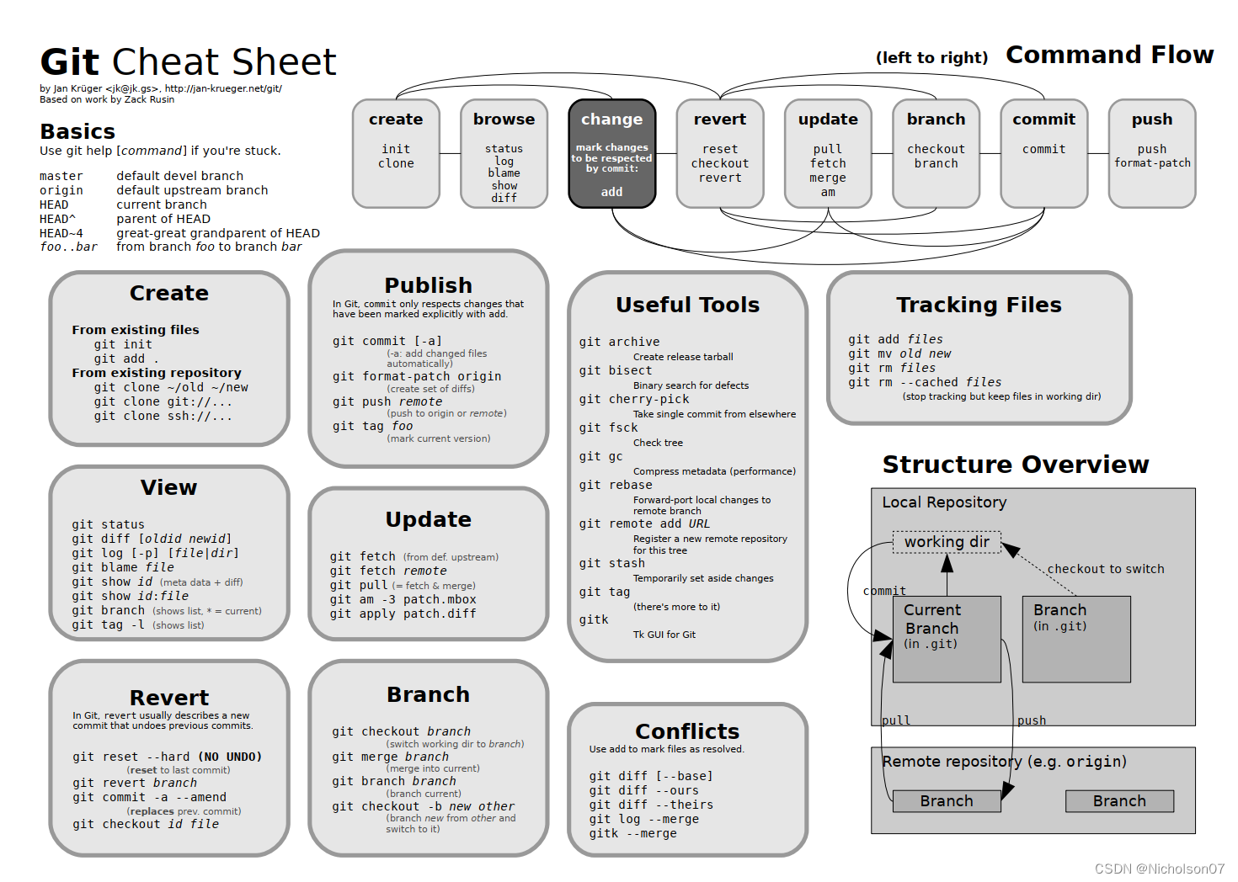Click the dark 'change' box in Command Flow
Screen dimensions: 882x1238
tap(611, 153)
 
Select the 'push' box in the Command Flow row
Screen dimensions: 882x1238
tap(1151, 153)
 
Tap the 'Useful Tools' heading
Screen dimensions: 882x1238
tap(687, 305)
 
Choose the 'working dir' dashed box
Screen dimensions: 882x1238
tap(947, 542)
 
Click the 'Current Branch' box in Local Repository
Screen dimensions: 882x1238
tap(946, 638)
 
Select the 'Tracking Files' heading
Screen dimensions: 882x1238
tap(979, 305)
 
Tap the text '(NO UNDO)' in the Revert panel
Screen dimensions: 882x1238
tap(230, 757)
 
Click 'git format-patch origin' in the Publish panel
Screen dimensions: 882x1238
tap(417, 376)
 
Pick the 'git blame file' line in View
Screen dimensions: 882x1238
tap(123, 567)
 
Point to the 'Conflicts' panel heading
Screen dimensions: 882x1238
tap(687, 731)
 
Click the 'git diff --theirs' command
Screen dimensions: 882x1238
tap(651, 805)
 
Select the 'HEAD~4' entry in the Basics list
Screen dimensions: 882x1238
tap(61, 233)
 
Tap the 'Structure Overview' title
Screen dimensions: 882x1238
tap(1016, 465)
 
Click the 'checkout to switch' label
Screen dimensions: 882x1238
tap(1106, 569)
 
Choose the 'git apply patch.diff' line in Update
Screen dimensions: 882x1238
tap(403, 614)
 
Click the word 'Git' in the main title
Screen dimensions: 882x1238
tap(70, 62)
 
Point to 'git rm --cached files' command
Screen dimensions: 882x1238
tap(925, 382)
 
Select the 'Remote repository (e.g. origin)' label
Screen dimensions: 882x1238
tap(1004, 762)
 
